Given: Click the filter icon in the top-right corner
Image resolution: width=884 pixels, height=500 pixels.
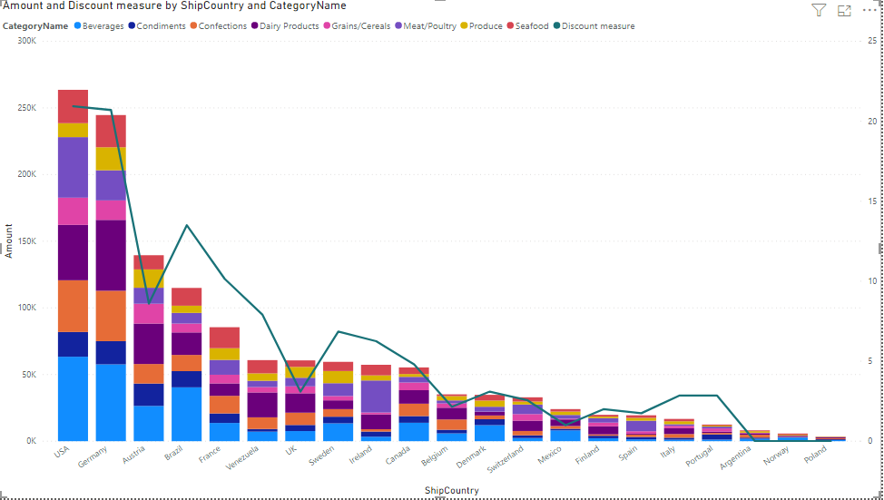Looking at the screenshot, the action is (x=819, y=10).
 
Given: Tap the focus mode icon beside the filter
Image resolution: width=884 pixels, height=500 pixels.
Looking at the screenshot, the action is (x=844, y=10).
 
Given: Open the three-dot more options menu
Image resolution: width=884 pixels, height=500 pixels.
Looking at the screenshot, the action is (x=869, y=10).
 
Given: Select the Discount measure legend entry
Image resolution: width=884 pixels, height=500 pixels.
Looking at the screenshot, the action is (x=594, y=26).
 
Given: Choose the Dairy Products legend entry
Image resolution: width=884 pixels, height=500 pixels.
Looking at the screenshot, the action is (x=285, y=26).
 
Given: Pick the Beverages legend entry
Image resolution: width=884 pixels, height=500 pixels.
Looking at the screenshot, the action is (x=99, y=26).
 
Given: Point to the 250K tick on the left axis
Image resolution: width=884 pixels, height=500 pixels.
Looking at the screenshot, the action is (x=26, y=108).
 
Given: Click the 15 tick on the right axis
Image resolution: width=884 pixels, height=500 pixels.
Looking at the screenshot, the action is (x=872, y=201).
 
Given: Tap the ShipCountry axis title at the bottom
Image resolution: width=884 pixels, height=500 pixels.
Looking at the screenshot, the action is (x=452, y=490).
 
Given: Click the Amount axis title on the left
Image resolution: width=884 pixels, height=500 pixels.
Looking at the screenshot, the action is (x=8, y=240).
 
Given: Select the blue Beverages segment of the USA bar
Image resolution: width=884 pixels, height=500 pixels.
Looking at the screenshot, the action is (x=73, y=398).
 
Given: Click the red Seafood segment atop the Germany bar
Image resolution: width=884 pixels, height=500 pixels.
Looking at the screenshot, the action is (x=111, y=132).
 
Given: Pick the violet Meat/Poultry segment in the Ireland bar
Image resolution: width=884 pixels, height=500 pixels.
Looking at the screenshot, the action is (x=376, y=397).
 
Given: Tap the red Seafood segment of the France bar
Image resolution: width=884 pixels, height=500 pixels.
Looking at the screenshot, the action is (x=224, y=338).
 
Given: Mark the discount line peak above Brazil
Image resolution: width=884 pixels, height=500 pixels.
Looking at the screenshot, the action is (x=187, y=225).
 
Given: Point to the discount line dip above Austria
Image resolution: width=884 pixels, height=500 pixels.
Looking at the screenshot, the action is (x=149, y=304).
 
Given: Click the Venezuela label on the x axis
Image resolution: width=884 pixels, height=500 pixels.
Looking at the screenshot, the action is (x=243, y=457).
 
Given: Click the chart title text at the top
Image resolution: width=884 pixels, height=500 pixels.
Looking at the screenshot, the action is (x=175, y=5).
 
